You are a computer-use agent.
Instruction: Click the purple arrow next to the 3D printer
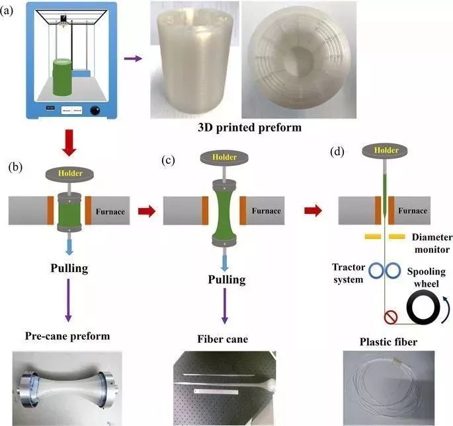coord(133,59)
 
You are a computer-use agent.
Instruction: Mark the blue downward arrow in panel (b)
coord(71,244)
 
